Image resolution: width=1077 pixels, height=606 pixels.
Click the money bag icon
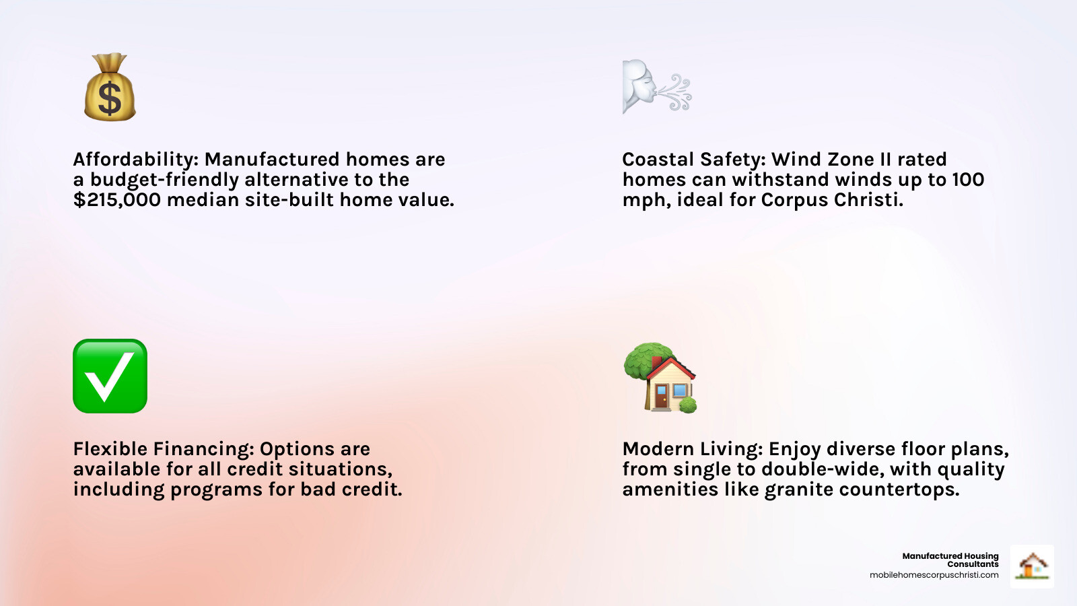(x=110, y=87)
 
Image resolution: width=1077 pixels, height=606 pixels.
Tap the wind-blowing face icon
(x=657, y=87)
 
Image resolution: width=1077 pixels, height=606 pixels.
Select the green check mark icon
(x=110, y=376)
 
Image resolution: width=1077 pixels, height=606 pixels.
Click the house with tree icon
(x=660, y=378)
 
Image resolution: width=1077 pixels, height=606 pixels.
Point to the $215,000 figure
(x=117, y=199)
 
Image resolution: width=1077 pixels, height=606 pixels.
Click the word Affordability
(x=136, y=160)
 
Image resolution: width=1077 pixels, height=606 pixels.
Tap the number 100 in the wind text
(x=969, y=179)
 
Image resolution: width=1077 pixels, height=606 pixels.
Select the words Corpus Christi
(x=829, y=199)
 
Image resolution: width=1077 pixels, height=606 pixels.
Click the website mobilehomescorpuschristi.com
(x=934, y=575)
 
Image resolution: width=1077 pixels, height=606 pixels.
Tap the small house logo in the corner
(x=1033, y=566)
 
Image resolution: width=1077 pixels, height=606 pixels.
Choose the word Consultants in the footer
(x=973, y=564)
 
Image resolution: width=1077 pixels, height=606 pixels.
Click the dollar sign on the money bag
(x=110, y=98)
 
